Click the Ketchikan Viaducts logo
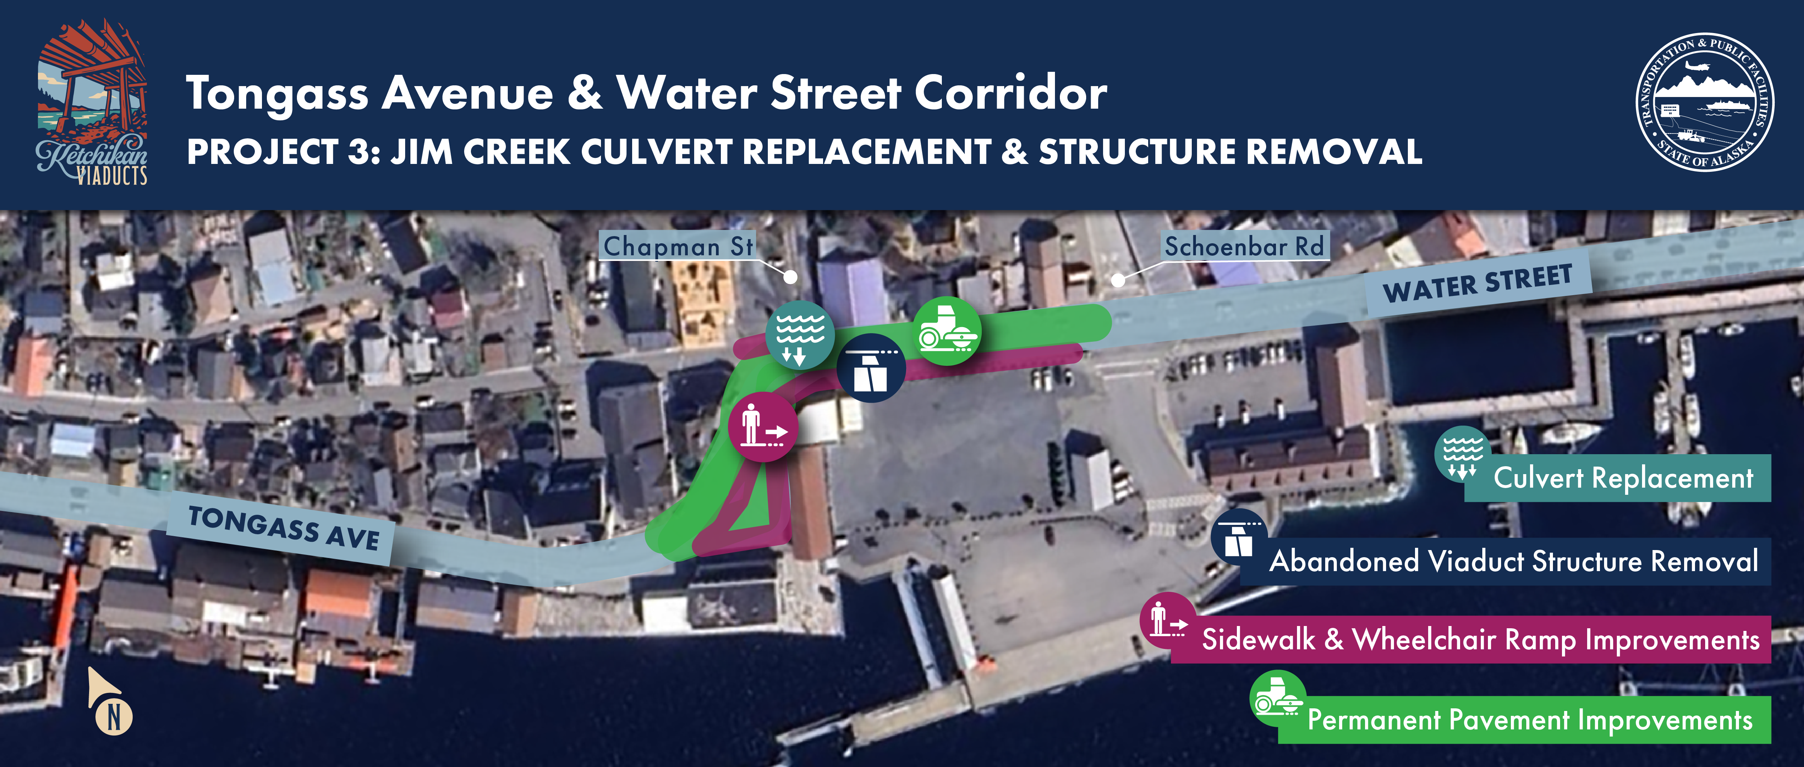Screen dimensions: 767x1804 point(92,103)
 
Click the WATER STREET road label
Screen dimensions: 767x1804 point(1478,284)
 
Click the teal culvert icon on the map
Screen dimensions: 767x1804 point(800,335)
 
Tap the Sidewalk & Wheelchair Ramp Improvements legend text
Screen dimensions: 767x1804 point(1480,640)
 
